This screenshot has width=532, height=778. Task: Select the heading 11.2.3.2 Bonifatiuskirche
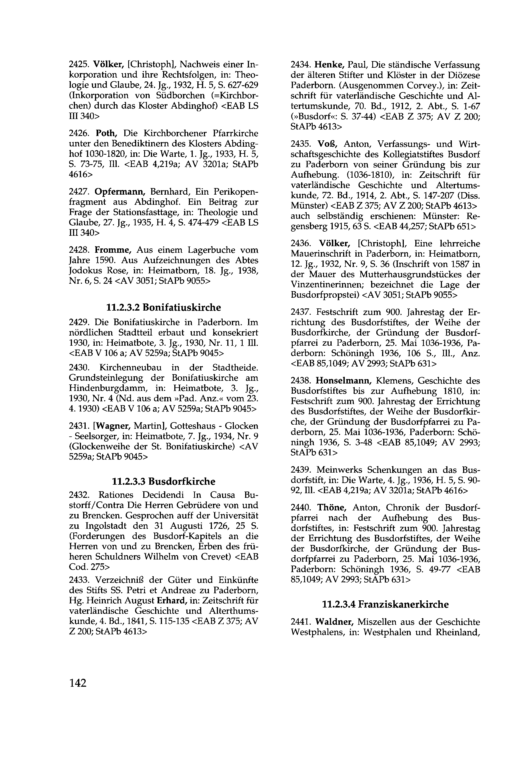click(x=164, y=307)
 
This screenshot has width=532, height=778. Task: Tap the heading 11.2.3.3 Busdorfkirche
click(x=164, y=481)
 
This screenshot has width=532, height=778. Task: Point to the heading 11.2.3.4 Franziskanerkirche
click(x=385, y=604)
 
